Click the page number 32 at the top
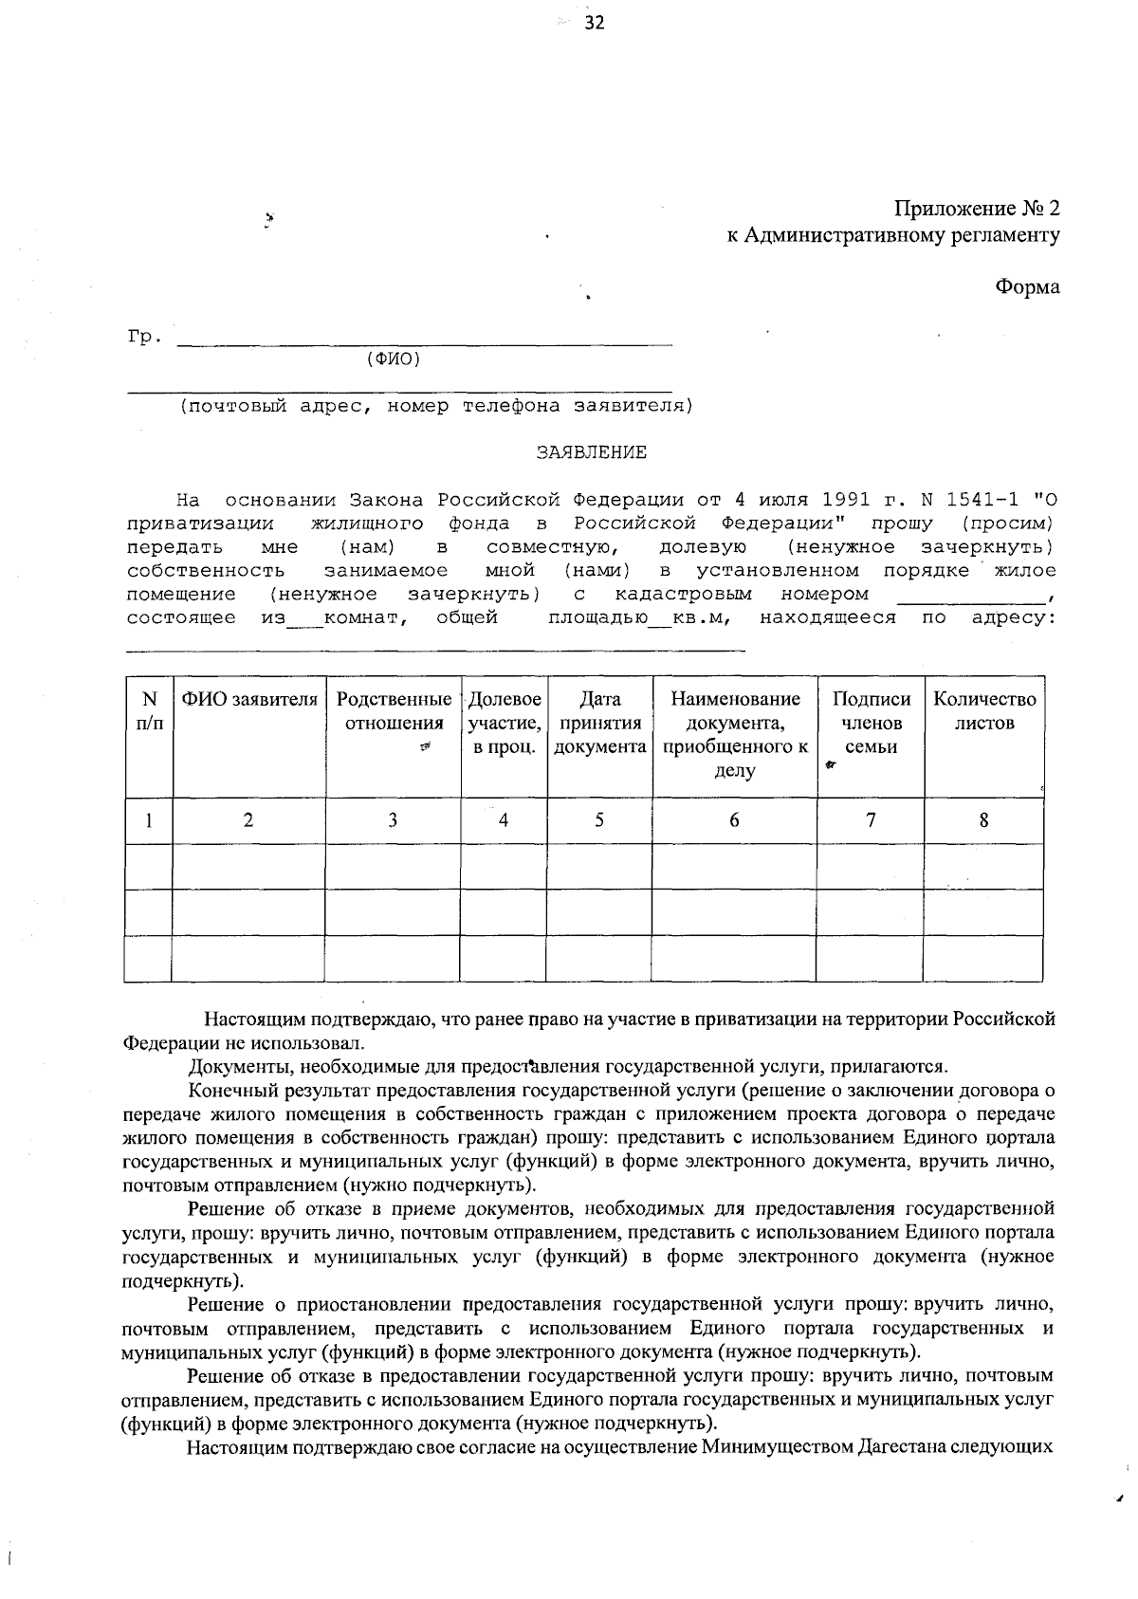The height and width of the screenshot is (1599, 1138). [594, 24]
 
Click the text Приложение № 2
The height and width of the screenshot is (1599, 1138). [977, 209]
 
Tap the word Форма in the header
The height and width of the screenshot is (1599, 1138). [1027, 286]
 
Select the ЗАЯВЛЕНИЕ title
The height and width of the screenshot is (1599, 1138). [592, 452]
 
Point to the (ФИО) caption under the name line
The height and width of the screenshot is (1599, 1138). [392, 359]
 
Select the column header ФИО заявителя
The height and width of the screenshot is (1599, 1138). [249, 700]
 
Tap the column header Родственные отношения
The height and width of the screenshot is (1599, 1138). [394, 711]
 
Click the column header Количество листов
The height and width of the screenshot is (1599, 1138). [984, 711]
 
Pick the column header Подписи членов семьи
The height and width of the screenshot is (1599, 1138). [871, 723]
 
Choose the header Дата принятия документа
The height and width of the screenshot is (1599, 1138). [599, 723]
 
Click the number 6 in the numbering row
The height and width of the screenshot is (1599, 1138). [734, 820]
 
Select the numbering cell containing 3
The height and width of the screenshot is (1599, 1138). [392, 820]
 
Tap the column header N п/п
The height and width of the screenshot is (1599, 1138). [149, 711]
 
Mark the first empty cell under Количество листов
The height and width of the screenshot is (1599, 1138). [983, 866]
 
